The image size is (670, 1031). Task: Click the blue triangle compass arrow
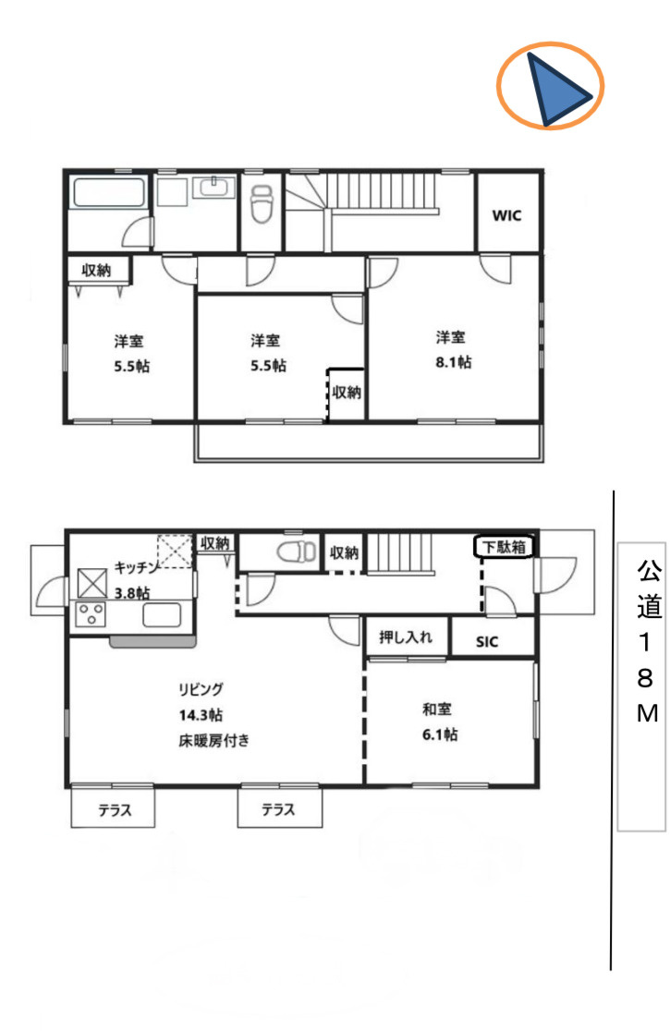[x=557, y=90]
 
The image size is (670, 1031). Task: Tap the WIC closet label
[x=506, y=215]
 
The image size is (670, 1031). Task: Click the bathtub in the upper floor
[x=109, y=194]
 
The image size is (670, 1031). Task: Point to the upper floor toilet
[x=262, y=204]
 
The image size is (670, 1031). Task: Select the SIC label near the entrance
[x=487, y=642]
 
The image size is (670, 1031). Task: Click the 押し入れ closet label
[x=406, y=637]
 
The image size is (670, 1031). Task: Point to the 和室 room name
[x=436, y=710]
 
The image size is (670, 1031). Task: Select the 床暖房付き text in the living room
[x=214, y=739]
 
